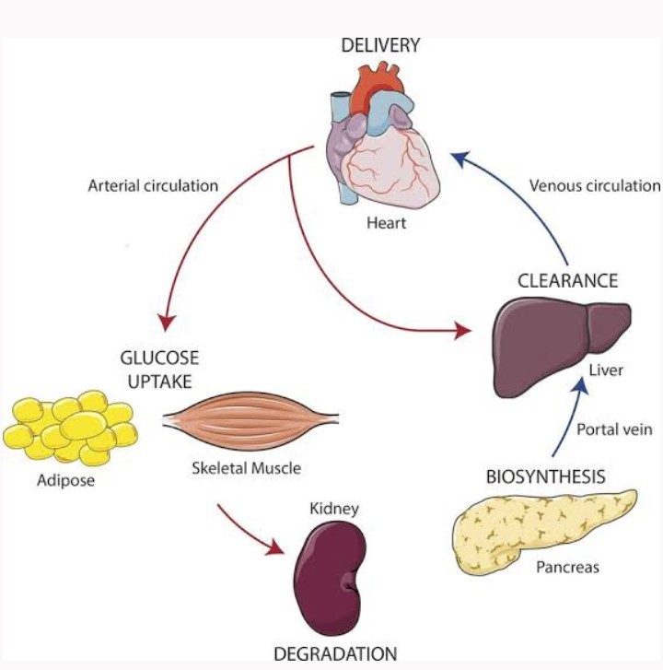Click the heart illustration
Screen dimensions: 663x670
382,141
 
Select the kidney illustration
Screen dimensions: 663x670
330,579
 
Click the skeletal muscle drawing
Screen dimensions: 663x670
251,421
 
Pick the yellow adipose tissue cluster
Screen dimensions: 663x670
70,428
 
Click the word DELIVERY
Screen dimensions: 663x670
380,45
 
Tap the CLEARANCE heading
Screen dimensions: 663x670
568,281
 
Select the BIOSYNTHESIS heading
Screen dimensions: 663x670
546,476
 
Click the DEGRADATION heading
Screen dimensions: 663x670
335,653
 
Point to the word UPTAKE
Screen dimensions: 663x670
159,382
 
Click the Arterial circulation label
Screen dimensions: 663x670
153,186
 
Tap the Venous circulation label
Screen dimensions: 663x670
595,186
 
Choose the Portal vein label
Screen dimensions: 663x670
614,429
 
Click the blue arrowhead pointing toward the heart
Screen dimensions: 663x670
461,159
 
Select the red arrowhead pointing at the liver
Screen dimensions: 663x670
463,330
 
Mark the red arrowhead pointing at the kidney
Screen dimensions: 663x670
274,547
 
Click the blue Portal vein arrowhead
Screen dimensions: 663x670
581,386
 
